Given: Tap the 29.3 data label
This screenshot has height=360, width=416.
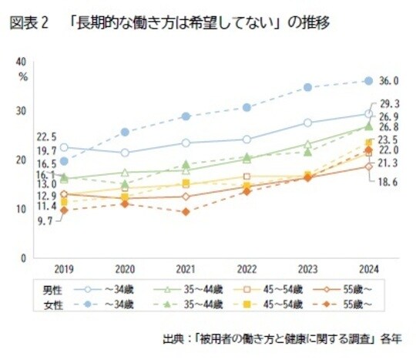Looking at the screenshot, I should (389, 103).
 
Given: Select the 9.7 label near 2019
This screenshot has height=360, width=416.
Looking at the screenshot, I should (45, 220).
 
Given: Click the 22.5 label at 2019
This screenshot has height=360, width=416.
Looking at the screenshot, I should (47, 136).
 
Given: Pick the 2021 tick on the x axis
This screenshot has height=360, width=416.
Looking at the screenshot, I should (186, 271).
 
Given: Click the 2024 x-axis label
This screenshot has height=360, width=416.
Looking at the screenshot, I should (368, 271).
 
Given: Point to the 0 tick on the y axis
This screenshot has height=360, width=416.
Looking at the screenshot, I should (25, 257).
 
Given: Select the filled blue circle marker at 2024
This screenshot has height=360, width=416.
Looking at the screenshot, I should (368, 81).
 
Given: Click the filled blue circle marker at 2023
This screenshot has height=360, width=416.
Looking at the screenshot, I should (307, 87).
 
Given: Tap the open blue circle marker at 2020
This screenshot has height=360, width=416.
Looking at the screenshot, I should (125, 153).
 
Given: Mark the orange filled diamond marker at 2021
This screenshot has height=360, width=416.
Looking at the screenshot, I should (186, 211).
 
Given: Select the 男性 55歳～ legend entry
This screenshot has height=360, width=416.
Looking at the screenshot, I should (351, 290).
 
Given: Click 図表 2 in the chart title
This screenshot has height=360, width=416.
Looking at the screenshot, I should (29, 23).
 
